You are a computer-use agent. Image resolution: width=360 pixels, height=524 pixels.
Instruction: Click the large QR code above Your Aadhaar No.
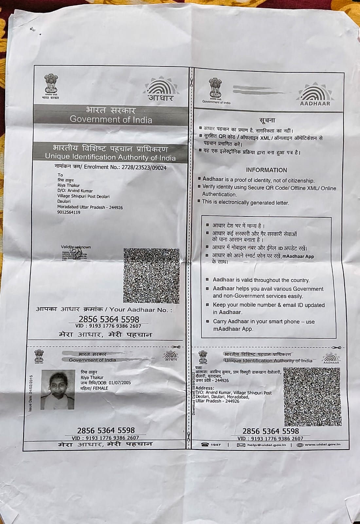click(152, 275)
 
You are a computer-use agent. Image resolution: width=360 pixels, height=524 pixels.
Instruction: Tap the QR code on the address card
click(311, 396)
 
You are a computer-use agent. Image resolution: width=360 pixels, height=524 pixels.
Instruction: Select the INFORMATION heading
click(266, 170)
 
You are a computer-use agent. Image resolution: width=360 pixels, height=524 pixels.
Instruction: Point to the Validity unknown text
click(76, 247)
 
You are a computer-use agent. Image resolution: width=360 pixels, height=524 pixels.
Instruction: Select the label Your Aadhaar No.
click(140, 309)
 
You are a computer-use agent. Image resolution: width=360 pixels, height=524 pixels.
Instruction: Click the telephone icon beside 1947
click(205, 445)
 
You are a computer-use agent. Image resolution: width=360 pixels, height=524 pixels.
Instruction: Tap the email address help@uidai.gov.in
click(266, 445)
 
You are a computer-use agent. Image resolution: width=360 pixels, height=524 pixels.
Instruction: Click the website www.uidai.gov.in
click(323, 444)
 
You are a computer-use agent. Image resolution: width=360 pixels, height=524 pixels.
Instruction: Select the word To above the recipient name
click(60, 175)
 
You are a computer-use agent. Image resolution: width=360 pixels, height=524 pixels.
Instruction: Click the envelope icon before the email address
click(241, 445)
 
